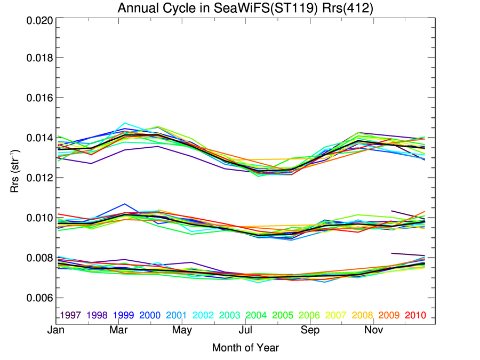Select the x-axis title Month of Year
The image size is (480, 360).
245,348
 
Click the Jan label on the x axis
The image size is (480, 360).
56,331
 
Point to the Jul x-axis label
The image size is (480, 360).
245,331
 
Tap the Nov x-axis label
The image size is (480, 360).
373,331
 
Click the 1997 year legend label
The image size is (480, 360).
70,315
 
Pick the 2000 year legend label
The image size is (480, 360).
150,315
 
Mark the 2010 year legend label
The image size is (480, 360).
415,315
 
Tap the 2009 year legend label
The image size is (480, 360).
389,315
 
